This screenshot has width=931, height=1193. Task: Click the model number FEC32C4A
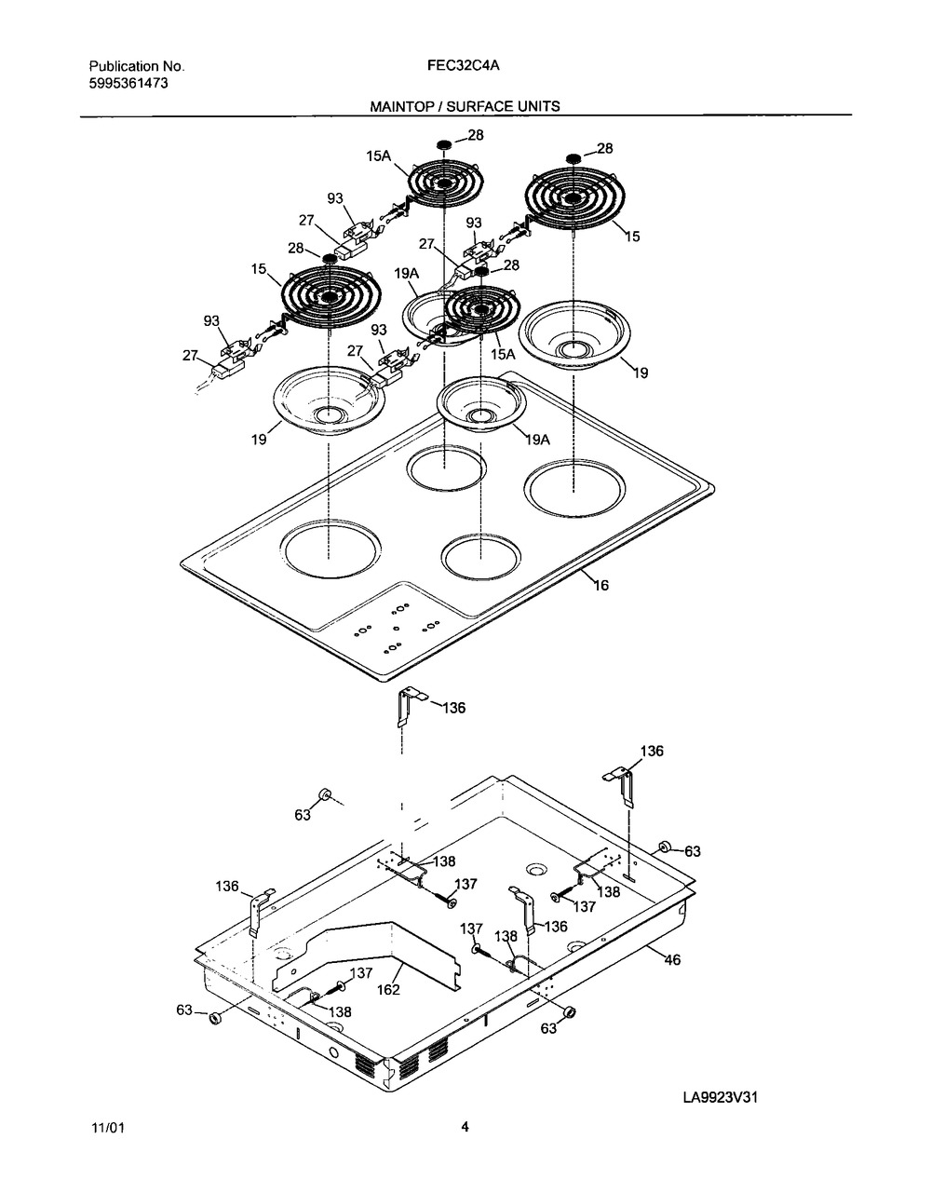coord(463,66)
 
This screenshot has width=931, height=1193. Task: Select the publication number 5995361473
coord(128,84)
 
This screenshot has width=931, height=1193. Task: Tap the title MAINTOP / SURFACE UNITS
coord(465,106)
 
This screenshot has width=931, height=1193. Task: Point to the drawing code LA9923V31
coord(720,1097)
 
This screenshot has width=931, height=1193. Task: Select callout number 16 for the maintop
coord(601,585)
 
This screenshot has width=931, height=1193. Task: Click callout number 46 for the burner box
coord(672,959)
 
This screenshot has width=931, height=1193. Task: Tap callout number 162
coord(388,990)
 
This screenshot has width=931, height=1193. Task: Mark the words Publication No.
coord(137,66)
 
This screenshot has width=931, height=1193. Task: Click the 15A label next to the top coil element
coord(379,156)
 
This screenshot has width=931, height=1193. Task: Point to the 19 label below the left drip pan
coord(259,440)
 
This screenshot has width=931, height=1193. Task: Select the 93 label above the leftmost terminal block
coord(211,321)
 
